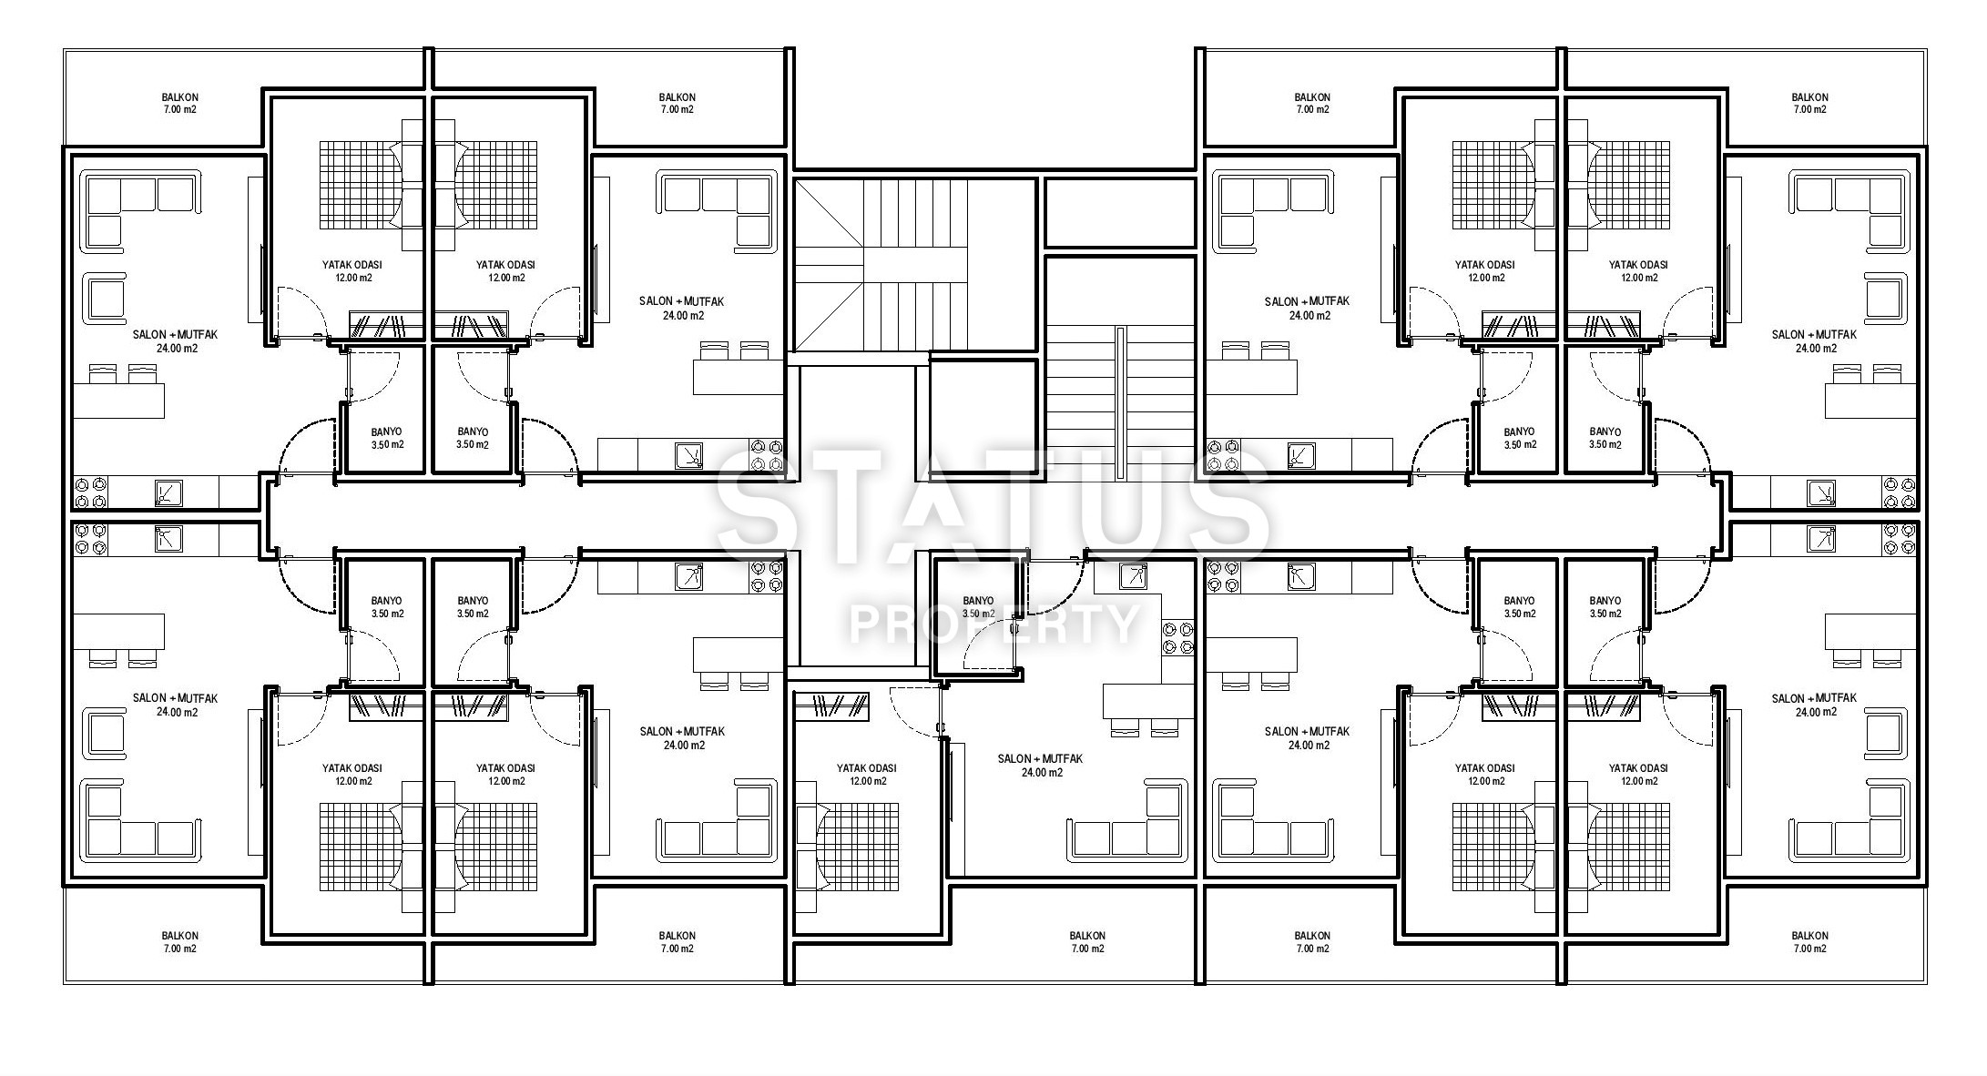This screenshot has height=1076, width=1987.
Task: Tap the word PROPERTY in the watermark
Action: tap(993, 624)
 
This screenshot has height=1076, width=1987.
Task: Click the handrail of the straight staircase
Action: tap(1118, 401)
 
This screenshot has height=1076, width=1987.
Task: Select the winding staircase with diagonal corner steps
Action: tap(914, 265)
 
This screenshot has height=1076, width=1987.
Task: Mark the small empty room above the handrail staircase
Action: tap(1119, 212)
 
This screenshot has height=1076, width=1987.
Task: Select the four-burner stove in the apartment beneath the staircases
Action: tap(1177, 637)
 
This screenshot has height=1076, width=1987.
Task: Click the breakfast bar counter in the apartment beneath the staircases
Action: tap(1148, 701)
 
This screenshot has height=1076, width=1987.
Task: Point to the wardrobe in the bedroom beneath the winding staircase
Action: tap(830, 706)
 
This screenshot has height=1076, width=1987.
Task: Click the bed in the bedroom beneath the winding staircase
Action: tap(847, 847)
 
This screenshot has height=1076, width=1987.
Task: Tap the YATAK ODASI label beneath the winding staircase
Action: tap(866, 768)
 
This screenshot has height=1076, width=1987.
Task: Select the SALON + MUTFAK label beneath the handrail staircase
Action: tap(1040, 758)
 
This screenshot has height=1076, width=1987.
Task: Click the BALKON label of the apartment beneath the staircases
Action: tap(1086, 935)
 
